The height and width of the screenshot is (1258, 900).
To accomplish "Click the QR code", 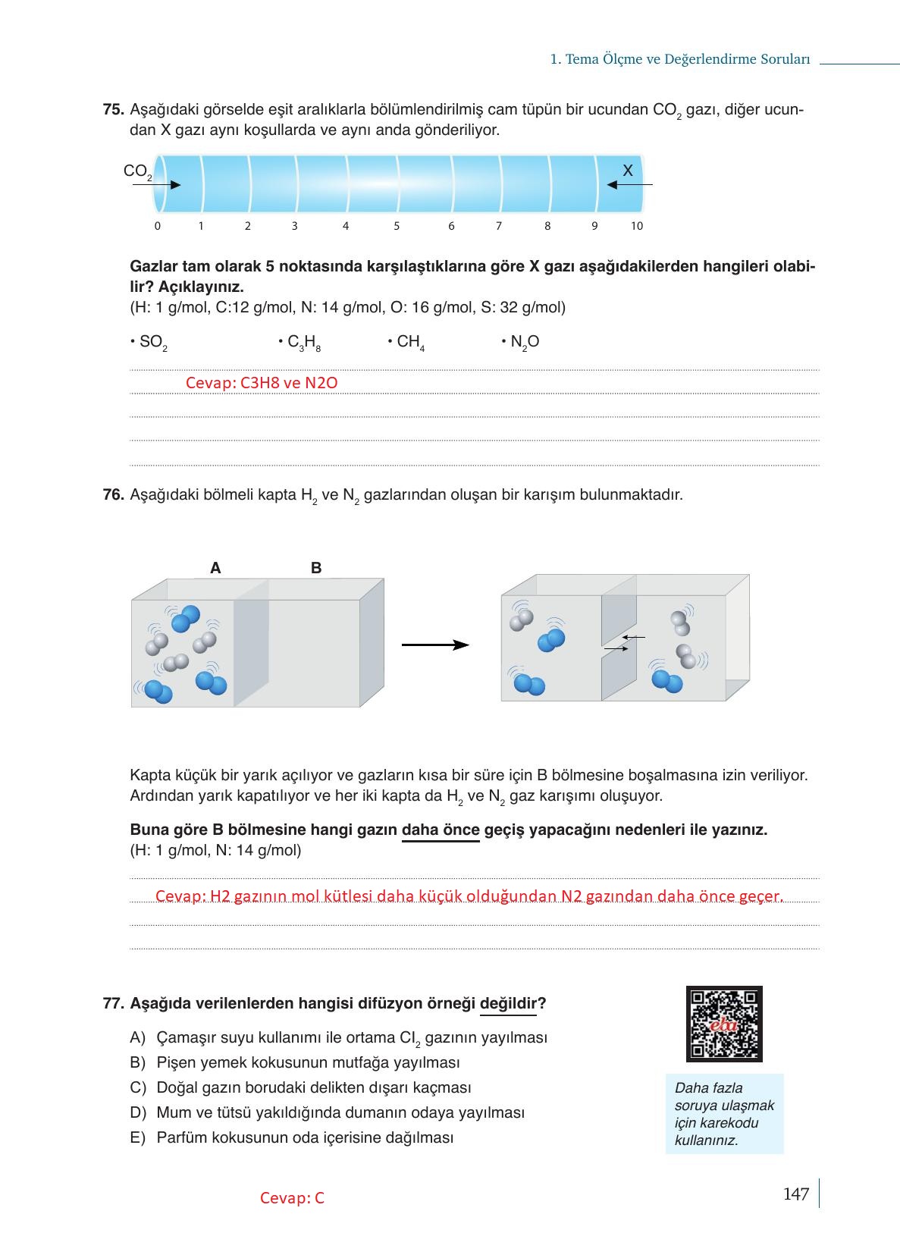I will pyautogui.click(x=723, y=1023).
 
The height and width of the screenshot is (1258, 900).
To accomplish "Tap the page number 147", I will pyautogui.click(x=795, y=1194).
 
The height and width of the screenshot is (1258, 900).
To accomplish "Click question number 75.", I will pyautogui.click(x=113, y=110).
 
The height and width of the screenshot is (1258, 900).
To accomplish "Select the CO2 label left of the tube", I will pyautogui.click(x=137, y=172).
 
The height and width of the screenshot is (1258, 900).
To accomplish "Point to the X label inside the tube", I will pyautogui.click(x=627, y=171).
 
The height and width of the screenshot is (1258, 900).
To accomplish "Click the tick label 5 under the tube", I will pyautogui.click(x=397, y=226).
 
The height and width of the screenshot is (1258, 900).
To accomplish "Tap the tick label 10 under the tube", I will pyautogui.click(x=636, y=226).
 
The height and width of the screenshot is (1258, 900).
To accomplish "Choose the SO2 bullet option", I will pyautogui.click(x=150, y=343).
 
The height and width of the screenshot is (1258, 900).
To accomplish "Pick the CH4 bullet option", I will pyautogui.click(x=407, y=343).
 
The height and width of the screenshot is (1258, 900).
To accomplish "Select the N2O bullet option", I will pyautogui.click(x=521, y=343).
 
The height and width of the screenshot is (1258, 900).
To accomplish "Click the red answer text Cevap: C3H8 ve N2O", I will pyautogui.click(x=262, y=383).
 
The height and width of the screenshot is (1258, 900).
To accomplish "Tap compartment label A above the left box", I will pyautogui.click(x=215, y=568).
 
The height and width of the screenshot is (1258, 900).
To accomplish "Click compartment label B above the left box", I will pyautogui.click(x=316, y=568).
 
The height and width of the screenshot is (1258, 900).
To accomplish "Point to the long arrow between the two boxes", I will pyautogui.click(x=434, y=645).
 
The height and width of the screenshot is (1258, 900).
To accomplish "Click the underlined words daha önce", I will pyautogui.click(x=440, y=830).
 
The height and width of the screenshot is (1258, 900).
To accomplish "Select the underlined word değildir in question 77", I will pyautogui.click(x=508, y=1004).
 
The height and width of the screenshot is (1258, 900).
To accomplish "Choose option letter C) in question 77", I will pyautogui.click(x=137, y=1087).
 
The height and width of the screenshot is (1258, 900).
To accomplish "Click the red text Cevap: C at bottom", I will pyautogui.click(x=292, y=1198).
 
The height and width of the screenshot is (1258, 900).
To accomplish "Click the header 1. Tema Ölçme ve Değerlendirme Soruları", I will pyautogui.click(x=680, y=59).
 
